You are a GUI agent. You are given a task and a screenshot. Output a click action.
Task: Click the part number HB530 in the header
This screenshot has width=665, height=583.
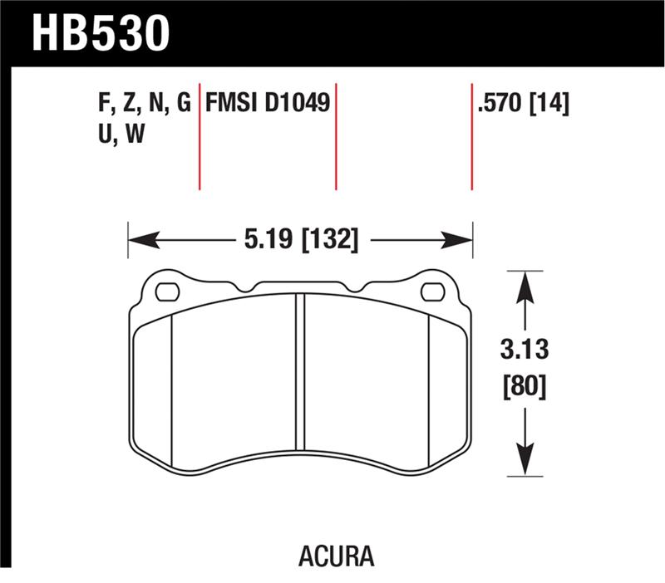click(101, 32)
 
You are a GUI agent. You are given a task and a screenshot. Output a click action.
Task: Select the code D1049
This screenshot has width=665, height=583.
click(298, 105)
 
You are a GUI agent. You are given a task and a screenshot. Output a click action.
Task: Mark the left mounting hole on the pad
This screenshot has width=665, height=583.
click(167, 291)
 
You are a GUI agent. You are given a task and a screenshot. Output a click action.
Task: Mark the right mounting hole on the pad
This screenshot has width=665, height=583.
click(432, 291)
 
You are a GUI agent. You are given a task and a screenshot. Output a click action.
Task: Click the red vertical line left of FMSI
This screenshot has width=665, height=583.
click(199, 137)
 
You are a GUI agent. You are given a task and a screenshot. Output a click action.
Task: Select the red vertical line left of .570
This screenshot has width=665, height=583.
click(471, 137)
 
